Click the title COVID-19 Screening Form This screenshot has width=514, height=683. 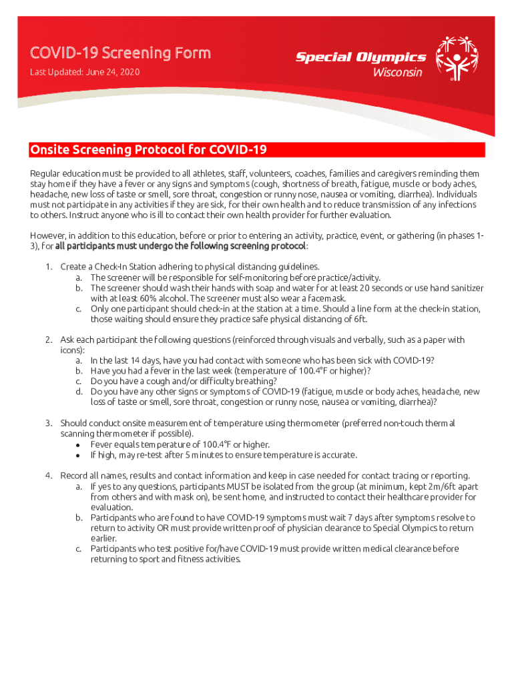point(120,53)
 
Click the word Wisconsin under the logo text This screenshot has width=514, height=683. point(397,71)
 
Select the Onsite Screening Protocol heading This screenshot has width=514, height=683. point(148,149)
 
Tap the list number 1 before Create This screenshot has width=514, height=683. point(49,267)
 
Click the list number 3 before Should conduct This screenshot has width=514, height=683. point(49,423)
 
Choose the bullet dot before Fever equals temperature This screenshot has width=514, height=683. point(79,445)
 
